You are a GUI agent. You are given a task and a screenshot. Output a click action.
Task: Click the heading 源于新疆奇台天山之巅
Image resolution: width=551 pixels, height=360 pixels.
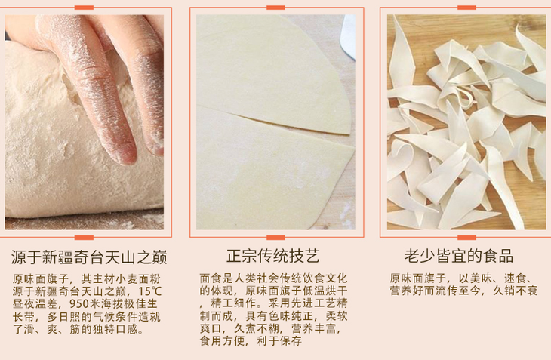[89, 257]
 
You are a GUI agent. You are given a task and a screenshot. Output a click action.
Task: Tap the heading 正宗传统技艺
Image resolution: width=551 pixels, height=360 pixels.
[273, 256]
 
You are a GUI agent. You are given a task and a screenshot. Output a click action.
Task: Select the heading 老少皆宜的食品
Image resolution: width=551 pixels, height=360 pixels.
[459, 256]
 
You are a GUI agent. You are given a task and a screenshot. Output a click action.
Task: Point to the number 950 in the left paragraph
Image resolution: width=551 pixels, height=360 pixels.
[79, 304]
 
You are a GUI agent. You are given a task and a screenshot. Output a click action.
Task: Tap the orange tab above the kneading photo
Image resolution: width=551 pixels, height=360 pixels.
[84, 8]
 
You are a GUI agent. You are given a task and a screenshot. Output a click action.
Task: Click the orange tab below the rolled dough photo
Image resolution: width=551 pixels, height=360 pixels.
[275, 238]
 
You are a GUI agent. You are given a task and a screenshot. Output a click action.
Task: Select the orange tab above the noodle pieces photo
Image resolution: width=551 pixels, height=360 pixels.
[466, 8]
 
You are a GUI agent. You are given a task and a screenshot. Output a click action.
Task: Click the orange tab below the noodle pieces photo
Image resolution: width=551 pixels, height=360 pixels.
[466, 238]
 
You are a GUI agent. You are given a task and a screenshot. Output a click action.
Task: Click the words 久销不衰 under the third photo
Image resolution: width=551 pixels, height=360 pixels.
[515, 291]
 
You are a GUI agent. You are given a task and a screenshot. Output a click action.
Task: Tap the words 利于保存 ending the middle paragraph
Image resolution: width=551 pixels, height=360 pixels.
[279, 340]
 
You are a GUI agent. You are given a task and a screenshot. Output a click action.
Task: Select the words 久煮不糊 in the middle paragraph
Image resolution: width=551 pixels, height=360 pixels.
[257, 328]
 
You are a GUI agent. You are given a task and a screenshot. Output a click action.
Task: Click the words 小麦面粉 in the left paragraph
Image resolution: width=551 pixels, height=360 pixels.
[138, 279]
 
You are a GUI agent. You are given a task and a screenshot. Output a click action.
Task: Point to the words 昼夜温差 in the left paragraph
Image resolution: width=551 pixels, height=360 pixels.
[35, 304]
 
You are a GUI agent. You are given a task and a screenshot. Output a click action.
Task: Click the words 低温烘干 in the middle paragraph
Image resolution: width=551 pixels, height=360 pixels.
[325, 291]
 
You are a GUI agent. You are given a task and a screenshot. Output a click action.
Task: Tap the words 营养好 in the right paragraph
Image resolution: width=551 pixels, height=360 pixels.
[407, 291]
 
